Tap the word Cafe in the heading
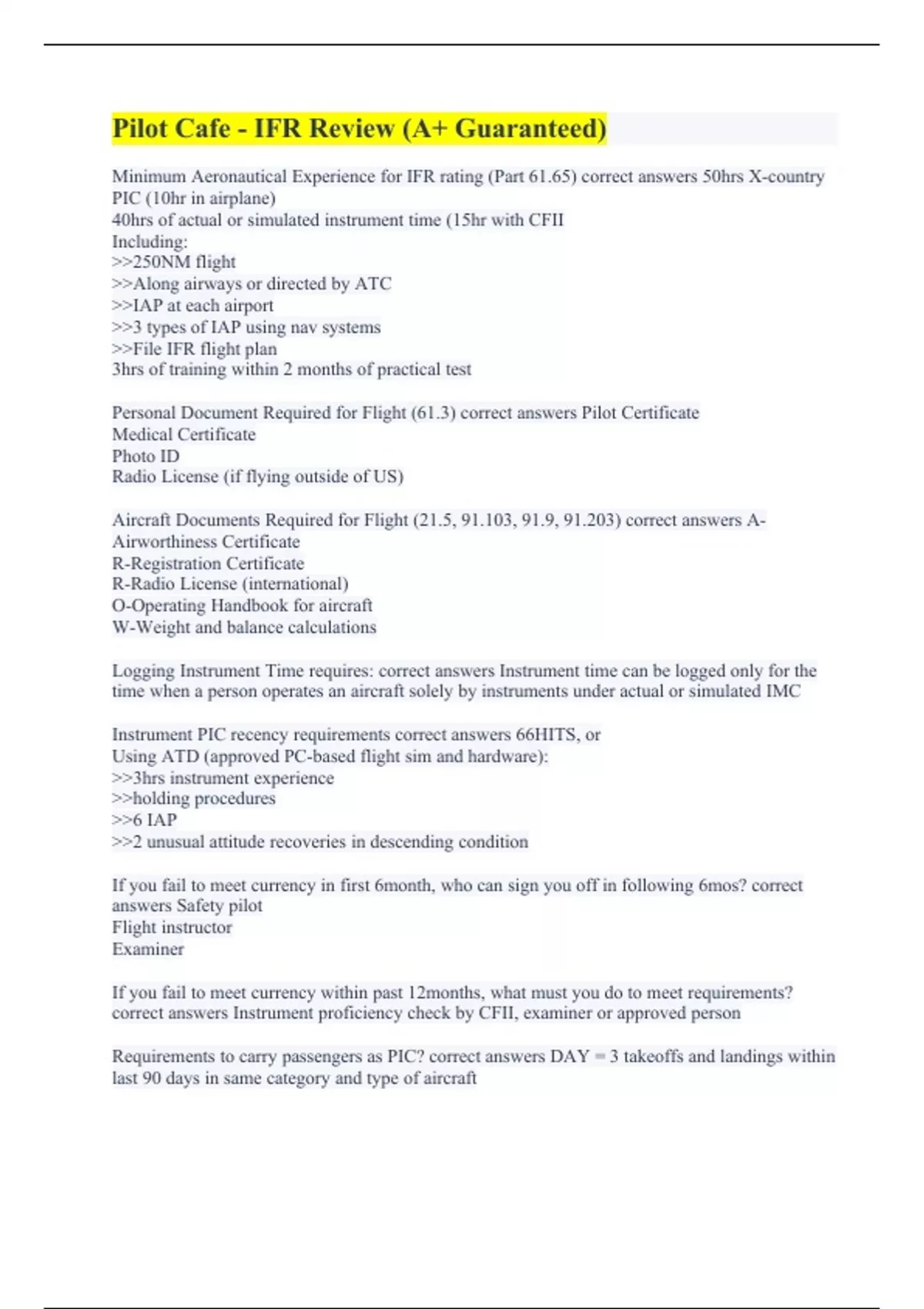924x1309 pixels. [199, 129]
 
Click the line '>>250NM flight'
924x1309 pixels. [174, 263]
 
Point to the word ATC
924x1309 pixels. [373, 284]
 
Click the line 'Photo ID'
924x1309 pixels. [146, 456]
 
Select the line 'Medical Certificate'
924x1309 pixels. [184, 434]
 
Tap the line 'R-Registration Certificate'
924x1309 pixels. [208, 563]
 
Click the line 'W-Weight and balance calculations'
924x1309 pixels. [244, 628]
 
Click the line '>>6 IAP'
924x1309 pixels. [145, 820]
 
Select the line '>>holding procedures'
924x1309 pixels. [194, 798]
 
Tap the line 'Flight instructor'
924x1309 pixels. [172, 927]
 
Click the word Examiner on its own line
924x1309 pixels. [148, 949]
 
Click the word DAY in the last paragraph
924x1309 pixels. [570, 1056]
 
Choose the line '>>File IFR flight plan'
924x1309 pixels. [195, 349]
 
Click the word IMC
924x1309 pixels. [783, 691]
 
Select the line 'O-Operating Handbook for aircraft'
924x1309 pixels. [242, 606]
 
